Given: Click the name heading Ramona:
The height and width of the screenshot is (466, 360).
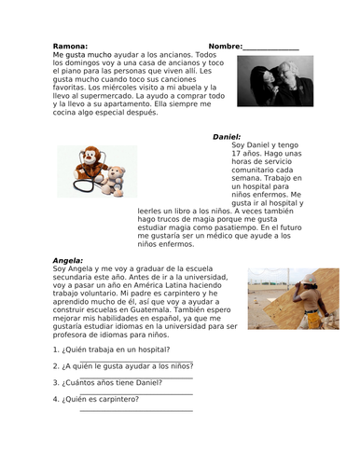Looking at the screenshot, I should click(70, 46).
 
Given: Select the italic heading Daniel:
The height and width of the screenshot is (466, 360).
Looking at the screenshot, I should click(227, 136).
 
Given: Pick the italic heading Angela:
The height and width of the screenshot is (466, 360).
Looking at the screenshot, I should click(68, 260).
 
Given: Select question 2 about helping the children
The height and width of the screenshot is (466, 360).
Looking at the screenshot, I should click(122, 366).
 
